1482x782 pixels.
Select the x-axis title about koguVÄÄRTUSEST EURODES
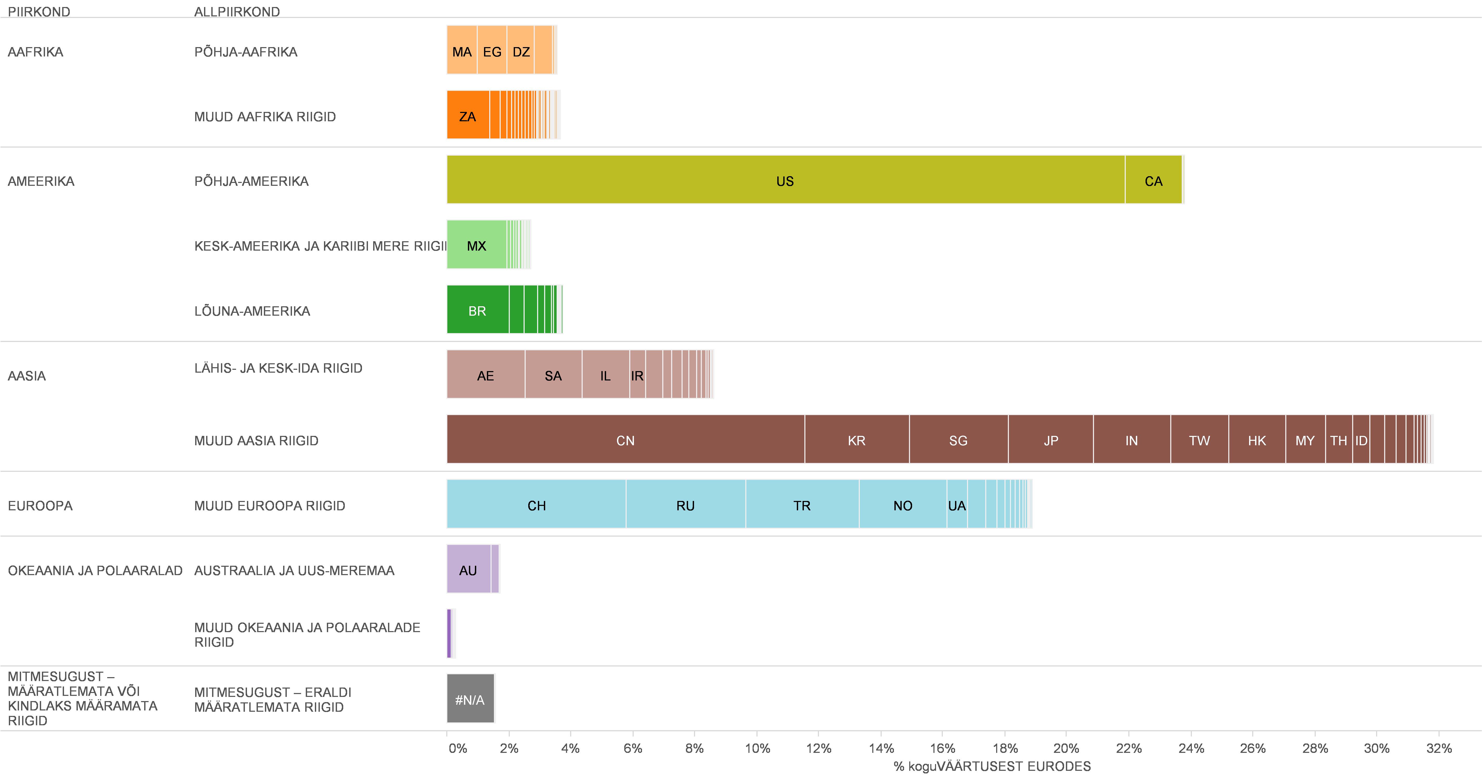(x=992, y=766)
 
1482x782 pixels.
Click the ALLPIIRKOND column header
(x=237, y=11)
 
